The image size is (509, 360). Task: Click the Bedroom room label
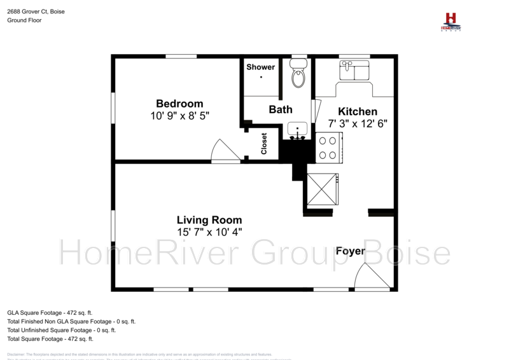pyautogui.click(x=180, y=104)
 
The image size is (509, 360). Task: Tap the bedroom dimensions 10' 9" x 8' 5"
pyautogui.click(x=180, y=116)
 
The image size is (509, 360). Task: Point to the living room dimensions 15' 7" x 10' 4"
pyautogui.click(x=209, y=233)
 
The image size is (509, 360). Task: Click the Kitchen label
pyautogui.click(x=357, y=111)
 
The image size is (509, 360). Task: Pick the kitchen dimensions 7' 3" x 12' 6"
pyautogui.click(x=358, y=123)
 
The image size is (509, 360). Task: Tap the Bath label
pyautogui.click(x=281, y=109)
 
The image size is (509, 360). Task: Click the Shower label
pyautogui.click(x=261, y=67)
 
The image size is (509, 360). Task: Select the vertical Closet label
pyautogui.click(x=264, y=144)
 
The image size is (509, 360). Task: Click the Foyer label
pyautogui.click(x=351, y=251)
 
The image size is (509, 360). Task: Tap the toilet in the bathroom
pyautogui.click(x=297, y=75)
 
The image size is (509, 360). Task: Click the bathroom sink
pyautogui.click(x=297, y=130)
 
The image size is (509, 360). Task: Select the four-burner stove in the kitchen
pyautogui.click(x=329, y=148)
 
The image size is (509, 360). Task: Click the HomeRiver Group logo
pyautogui.click(x=450, y=22)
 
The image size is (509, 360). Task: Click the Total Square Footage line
pyautogui.click(x=50, y=339)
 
